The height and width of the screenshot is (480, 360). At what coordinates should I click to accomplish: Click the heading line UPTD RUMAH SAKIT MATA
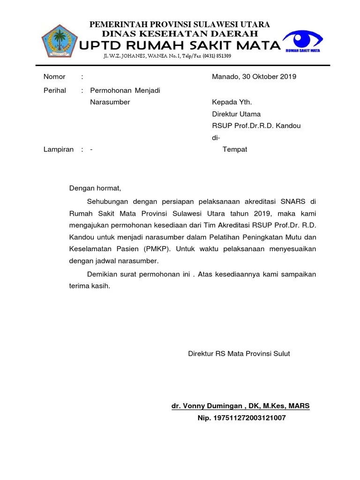pos(180,45)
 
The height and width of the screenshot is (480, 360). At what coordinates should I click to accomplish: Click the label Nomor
pos(54,77)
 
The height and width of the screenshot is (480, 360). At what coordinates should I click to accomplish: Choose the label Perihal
pos(55,90)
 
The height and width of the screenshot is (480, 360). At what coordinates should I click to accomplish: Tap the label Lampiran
pos(59,150)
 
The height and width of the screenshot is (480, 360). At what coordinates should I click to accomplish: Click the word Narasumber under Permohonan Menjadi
pos(110,102)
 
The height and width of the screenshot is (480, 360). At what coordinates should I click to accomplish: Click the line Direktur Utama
pos(236,114)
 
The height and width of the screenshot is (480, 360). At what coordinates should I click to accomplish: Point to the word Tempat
pos(235,150)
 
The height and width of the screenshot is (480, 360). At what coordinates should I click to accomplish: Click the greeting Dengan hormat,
pos(95,188)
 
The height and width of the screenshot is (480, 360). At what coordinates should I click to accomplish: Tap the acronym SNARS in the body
pos(293,202)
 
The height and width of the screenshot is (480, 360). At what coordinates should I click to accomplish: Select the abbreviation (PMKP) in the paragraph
pos(155,248)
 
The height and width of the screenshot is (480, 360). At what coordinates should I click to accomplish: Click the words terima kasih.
pos(90,286)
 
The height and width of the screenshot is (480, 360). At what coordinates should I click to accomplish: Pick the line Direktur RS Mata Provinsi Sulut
pos(239,353)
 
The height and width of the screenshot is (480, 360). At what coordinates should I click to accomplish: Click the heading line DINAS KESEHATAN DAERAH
pos(180,34)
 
